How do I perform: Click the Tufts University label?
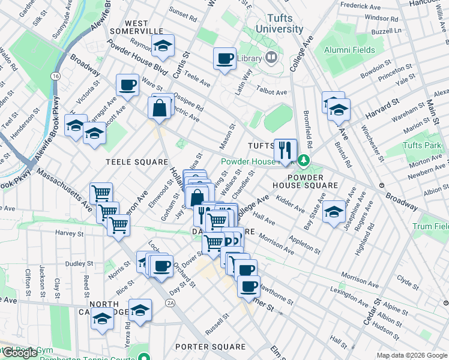coord(279,23)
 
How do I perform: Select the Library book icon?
coord(271,58)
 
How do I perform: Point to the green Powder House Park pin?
coord(304,161)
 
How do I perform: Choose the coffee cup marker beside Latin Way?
coord(224,58)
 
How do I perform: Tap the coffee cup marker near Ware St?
coord(127,85)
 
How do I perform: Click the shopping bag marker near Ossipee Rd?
coord(160,108)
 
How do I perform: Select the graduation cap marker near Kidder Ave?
coord(334,211)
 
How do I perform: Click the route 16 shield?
coord(55,76)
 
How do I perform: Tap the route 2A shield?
coord(171,304)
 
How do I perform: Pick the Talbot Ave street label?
coord(272,92)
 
